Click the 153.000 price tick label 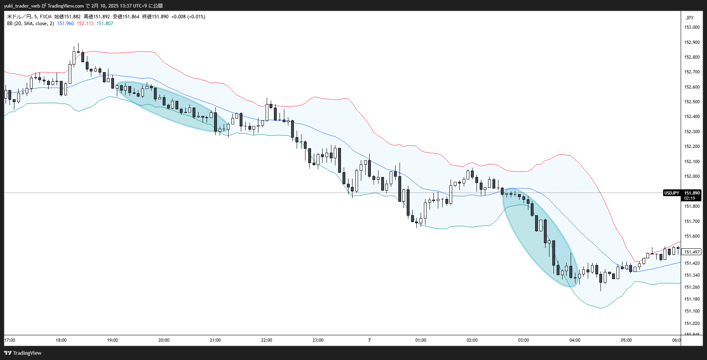[x=692, y=27]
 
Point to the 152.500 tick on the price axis [x=692, y=102]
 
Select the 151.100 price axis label [x=692, y=311]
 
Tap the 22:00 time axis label [x=266, y=340]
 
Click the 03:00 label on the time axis [x=523, y=340]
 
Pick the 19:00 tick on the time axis [x=112, y=340]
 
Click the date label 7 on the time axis [x=369, y=340]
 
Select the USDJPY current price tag [x=672, y=193]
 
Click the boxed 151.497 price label [x=692, y=252]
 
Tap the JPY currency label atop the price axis [x=690, y=18]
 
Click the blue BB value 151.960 [x=65, y=24]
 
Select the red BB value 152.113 [x=85, y=24]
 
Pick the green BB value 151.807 [x=105, y=24]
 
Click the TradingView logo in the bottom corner [x=23, y=353]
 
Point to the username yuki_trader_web [x=22, y=6]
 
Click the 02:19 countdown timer [x=689, y=198]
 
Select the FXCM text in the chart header [x=45, y=17]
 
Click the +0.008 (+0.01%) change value [x=188, y=17]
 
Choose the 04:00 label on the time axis [x=575, y=340]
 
